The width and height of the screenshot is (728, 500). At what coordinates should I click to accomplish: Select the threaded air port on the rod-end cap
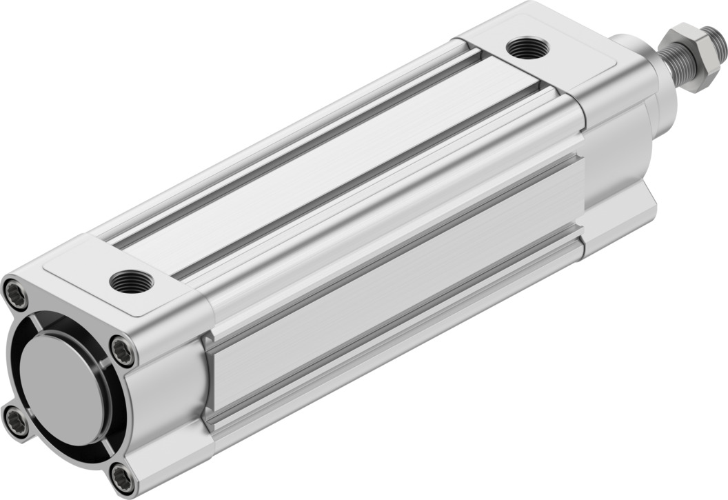pyautogui.click(x=527, y=48)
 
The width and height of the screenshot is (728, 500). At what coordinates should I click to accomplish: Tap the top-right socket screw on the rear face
pyautogui.click(x=123, y=352)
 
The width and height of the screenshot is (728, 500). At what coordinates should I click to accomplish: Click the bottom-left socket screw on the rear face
pyautogui.click(x=15, y=421)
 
